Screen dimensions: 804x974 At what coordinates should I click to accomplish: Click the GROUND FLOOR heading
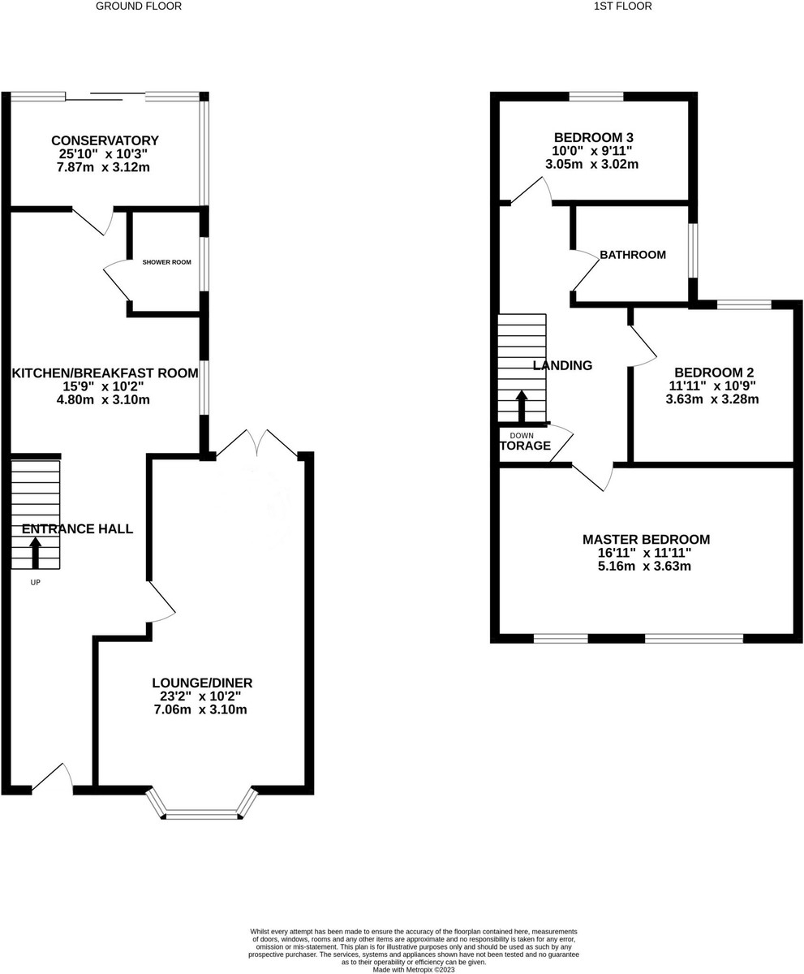(139, 6)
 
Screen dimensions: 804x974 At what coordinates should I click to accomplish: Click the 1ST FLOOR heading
(622, 6)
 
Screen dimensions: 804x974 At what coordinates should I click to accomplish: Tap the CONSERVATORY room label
(105, 140)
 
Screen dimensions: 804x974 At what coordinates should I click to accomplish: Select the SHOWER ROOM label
(166, 262)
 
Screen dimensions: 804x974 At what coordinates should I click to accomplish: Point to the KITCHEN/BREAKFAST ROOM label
(105, 373)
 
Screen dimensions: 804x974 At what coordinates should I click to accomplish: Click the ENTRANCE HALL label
(77, 528)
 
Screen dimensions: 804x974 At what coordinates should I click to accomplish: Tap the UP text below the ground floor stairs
(36, 582)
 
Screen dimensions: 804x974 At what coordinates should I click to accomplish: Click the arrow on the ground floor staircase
(36, 554)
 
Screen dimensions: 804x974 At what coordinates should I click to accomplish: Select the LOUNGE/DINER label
(202, 683)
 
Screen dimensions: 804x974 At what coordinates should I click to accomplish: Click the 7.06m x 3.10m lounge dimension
(200, 709)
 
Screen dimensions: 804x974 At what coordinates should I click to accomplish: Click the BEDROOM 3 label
(594, 138)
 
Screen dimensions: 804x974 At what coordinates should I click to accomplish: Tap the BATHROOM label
(633, 255)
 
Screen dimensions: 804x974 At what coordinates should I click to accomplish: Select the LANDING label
(562, 365)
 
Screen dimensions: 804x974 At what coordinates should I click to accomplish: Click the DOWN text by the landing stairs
(522, 435)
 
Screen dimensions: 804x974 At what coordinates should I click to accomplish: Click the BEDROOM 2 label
(714, 373)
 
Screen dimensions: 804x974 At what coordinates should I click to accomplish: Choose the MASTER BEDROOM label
(646, 539)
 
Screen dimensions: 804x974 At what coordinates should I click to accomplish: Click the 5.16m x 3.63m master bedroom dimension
(644, 566)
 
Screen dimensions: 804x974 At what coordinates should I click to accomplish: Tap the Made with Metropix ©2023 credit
(414, 969)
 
